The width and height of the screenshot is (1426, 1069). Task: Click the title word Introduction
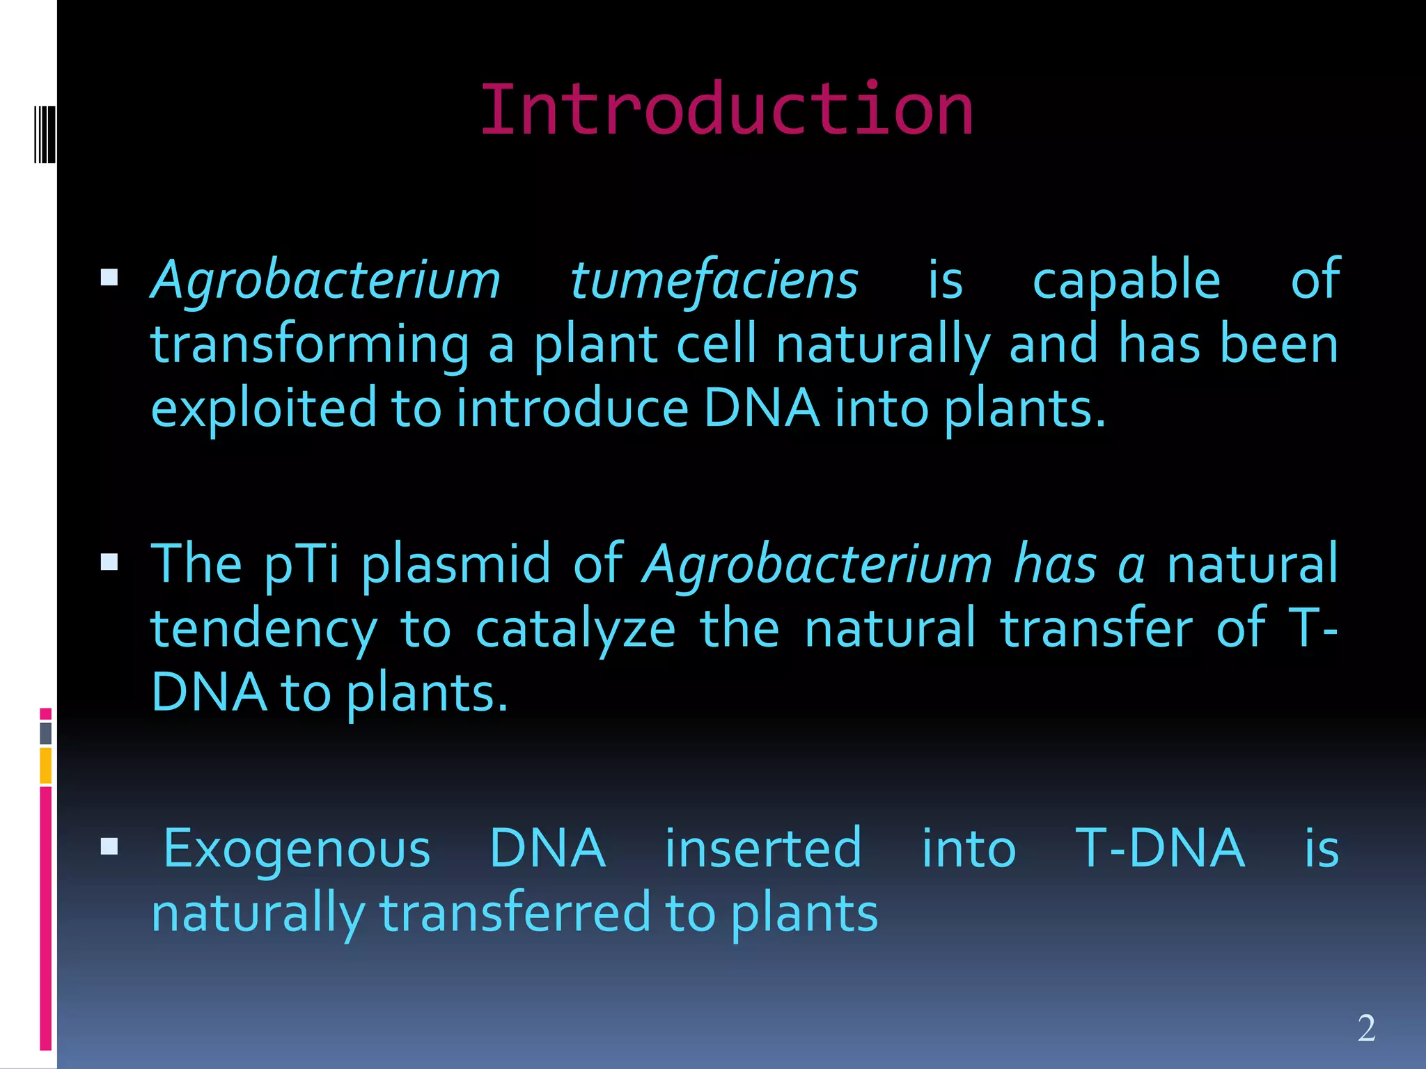[x=726, y=110]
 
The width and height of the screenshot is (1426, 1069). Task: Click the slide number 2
[x=1366, y=1028]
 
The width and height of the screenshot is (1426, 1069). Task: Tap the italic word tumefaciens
[x=714, y=280]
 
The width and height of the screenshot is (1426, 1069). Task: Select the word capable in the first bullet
[x=1126, y=280]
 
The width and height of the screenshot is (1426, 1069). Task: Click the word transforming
[x=310, y=346]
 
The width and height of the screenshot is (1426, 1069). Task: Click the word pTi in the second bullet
[x=301, y=564]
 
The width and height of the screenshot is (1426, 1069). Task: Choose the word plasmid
[x=456, y=564]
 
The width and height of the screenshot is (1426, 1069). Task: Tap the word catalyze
[x=575, y=628]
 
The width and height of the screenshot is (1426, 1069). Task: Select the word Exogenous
[x=297, y=849]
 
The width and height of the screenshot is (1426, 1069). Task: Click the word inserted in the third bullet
[x=763, y=849]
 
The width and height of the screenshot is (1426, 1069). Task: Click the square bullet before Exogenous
[x=109, y=846]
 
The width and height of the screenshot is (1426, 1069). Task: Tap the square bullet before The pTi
[x=109, y=562]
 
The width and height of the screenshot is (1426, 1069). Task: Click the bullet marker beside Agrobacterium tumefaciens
[x=109, y=278]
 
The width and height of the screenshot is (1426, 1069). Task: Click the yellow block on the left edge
[x=45, y=766]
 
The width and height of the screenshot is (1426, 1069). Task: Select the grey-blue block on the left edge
[x=45, y=733]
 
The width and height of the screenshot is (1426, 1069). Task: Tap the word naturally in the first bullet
[x=883, y=346]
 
